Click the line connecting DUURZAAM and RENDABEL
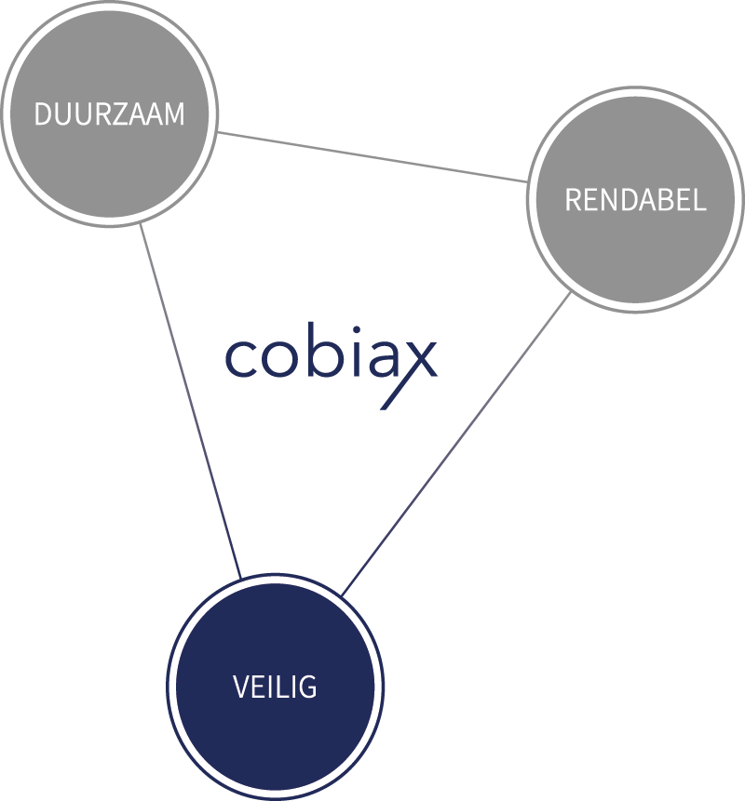[372, 156]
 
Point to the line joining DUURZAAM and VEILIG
[191, 400]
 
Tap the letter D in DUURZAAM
[43, 114]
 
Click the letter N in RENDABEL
[606, 200]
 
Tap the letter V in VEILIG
[240, 688]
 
